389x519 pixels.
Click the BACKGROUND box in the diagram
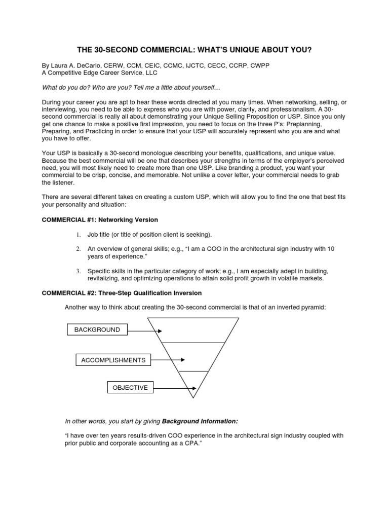97,330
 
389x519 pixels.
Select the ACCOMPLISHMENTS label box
113,360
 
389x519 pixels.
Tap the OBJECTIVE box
130,388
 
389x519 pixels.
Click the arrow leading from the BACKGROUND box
144,330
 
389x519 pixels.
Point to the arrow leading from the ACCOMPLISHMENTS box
168,360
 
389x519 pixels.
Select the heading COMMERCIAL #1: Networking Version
99,219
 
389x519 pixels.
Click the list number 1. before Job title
79,234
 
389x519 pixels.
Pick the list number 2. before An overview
79,249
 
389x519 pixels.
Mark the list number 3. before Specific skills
79,271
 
